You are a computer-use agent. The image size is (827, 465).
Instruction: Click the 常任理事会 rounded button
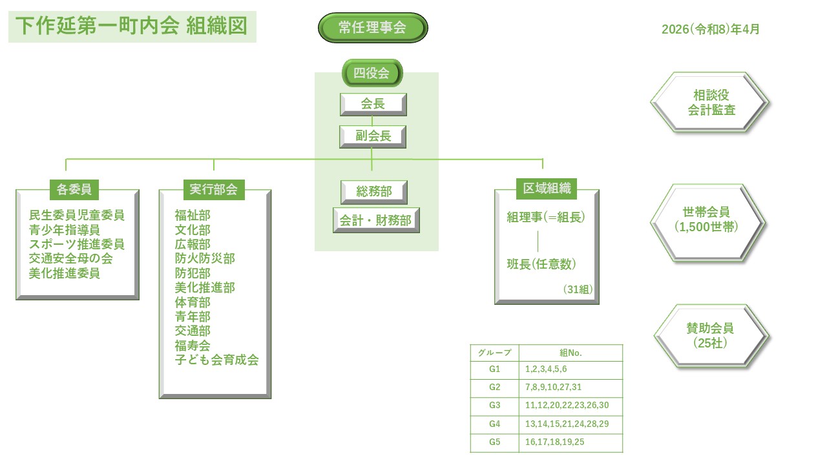(373, 28)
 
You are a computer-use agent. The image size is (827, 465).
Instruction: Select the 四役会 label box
(372, 73)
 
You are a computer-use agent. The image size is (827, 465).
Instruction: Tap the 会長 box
(373, 105)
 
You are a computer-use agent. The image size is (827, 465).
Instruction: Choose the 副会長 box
(373, 136)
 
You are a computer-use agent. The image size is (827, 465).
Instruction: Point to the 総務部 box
(374, 192)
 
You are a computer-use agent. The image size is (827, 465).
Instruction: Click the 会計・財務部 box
(375, 220)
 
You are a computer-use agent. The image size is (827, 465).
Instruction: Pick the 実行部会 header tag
(214, 189)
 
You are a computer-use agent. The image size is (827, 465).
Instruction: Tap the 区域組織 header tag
(547, 188)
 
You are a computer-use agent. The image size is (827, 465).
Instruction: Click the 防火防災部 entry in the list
(205, 258)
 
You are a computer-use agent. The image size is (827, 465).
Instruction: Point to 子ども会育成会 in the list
(216, 360)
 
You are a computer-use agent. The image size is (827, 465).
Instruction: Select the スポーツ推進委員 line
(77, 244)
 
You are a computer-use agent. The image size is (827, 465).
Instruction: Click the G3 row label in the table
(495, 405)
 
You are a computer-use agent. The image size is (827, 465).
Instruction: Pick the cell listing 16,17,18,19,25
(556, 442)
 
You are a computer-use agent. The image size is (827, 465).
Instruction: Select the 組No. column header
(571, 353)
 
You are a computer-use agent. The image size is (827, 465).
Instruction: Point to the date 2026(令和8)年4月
(710, 29)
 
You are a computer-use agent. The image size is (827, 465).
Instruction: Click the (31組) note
(578, 289)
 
